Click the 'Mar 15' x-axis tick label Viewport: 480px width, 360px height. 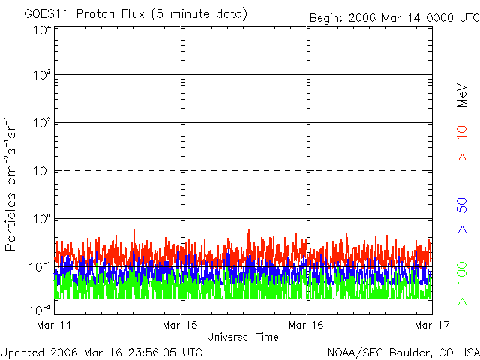181,325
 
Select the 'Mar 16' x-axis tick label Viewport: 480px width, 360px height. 307,325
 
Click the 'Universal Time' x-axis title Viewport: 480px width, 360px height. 243,337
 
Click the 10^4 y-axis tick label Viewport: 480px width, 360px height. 41,31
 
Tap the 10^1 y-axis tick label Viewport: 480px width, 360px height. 41,172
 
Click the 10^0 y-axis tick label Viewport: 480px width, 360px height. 41,219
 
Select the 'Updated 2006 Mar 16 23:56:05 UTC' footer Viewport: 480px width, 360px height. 101,352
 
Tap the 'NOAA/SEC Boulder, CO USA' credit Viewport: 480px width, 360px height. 403,352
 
